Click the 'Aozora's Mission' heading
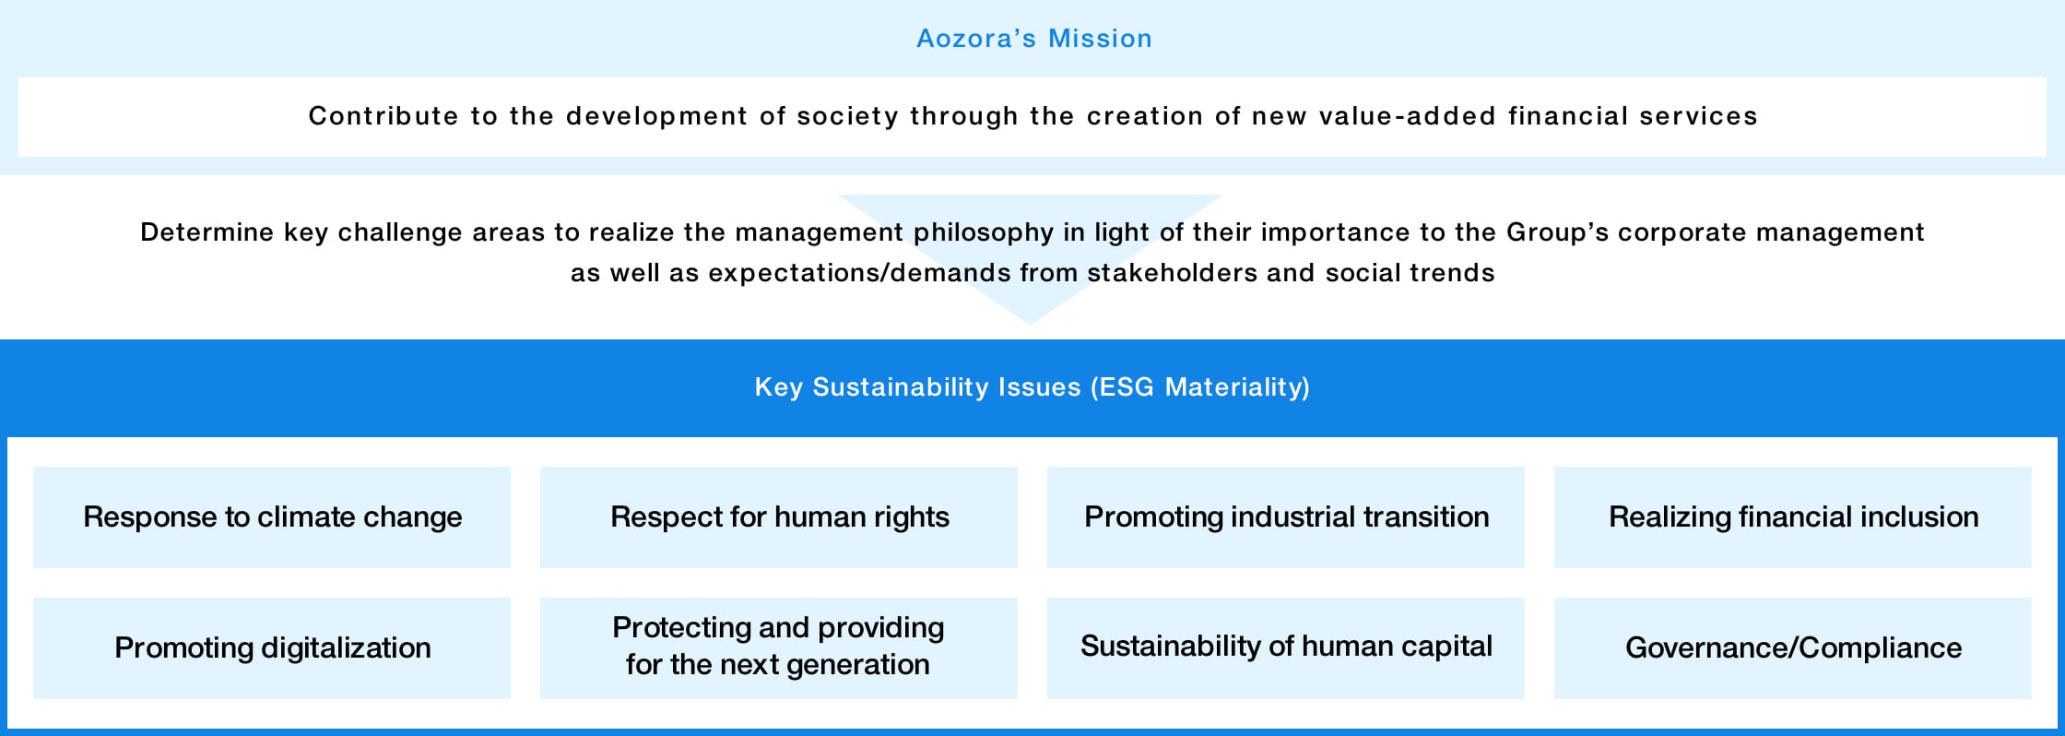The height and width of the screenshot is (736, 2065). (1033, 39)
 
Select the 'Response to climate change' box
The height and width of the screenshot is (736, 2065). (272, 517)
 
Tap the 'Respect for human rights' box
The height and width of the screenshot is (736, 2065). (779, 517)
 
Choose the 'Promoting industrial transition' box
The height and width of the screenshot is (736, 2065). (1286, 517)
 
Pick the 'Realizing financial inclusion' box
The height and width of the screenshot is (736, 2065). (1793, 517)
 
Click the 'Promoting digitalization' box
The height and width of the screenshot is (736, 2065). (272, 648)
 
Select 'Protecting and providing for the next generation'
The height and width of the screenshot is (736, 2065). (779, 647)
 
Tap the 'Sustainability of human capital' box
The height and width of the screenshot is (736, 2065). (1286, 647)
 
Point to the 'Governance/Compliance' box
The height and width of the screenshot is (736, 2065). (1793, 648)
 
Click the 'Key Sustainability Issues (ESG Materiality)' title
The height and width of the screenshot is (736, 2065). (1032, 387)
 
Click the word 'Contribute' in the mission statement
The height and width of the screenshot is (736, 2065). (383, 116)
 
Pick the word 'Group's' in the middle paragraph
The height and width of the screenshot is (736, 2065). (1557, 232)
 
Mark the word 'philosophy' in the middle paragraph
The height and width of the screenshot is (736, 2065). (983, 232)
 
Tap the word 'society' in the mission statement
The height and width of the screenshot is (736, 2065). (847, 116)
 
